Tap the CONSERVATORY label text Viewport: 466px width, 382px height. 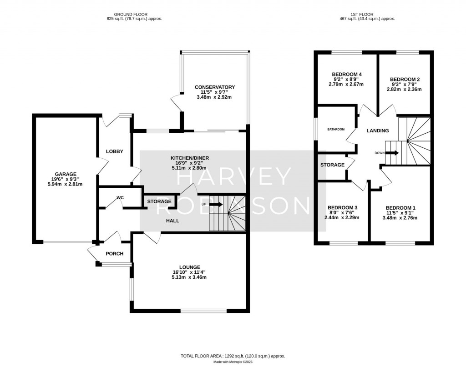215,87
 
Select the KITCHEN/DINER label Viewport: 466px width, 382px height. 190,158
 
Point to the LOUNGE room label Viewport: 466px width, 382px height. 189,267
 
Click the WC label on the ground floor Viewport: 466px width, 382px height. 120,198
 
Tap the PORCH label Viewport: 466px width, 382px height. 114,254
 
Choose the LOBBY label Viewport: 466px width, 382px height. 114,151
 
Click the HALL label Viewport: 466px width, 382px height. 172,221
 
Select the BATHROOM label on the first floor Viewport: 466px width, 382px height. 336,130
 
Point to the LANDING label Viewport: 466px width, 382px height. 378,131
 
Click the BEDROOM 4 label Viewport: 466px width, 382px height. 347,74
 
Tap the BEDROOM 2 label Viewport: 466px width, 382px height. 405,80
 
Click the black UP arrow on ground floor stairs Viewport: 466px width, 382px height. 217,204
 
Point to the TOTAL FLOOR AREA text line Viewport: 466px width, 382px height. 233,357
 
